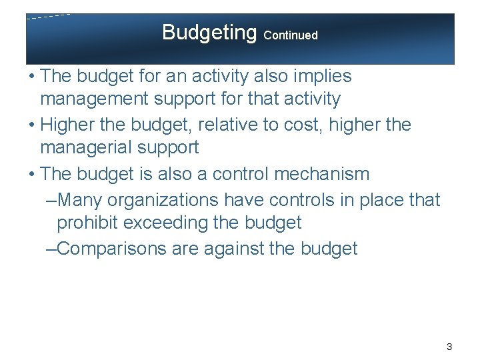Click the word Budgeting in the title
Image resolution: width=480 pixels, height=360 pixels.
(209, 32)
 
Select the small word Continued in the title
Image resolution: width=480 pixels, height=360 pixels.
(291, 35)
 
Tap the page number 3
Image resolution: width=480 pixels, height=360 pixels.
(449, 347)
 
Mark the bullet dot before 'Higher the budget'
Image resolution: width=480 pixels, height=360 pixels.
(31, 125)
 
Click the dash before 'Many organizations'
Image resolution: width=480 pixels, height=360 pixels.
(51, 199)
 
